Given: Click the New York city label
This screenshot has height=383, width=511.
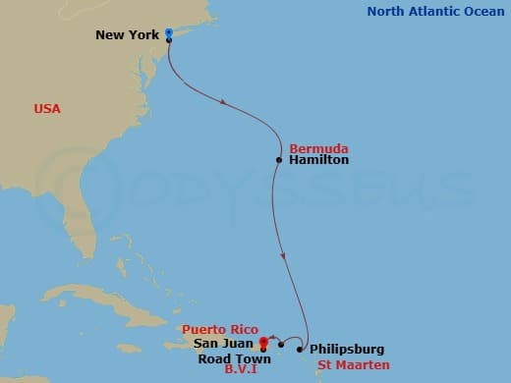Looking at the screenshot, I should click(x=128, y=35).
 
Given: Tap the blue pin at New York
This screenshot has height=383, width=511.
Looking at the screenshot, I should click(x=169, y=32).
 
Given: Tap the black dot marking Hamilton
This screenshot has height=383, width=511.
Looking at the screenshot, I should click(x=279, y=159).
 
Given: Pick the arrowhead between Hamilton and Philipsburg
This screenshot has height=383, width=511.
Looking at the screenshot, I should click(x=285, y=257).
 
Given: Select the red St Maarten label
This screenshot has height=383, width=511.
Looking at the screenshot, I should click(x=347, y=364).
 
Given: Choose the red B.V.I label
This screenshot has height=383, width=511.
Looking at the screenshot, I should click(x=241, y=372).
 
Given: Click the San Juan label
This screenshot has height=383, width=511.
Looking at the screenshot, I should click(x=225, y=346).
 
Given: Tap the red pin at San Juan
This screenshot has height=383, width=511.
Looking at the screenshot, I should click(x=263, y=342).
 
